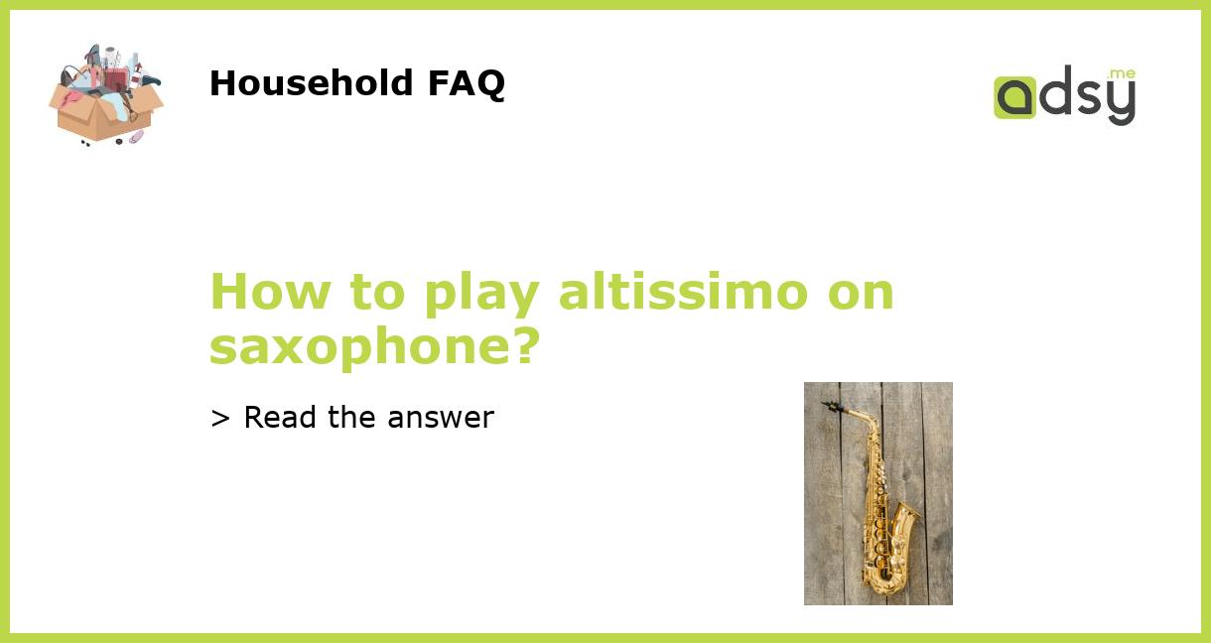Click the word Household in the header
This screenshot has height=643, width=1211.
[312, 83]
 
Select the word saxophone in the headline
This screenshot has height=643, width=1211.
[361, 346]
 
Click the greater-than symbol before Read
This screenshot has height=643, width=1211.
[219, 419]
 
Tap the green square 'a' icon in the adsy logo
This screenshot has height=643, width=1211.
[1014, 97]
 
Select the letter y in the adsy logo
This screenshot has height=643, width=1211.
[1120, 101]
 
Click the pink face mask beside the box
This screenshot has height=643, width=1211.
[135, 136]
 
